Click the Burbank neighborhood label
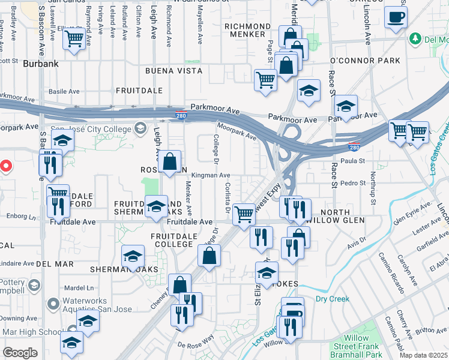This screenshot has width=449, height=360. point(40,62)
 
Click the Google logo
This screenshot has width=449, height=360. point(20,353)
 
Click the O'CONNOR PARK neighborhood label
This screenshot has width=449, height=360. point(365,61)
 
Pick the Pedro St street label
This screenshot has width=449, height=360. point(354,183)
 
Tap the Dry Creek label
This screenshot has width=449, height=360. point(332,298)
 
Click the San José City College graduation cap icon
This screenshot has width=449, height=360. point(140,127)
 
